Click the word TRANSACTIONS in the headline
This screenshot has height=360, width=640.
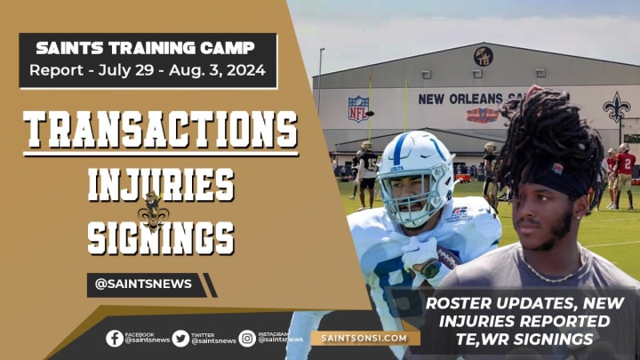[160, 131]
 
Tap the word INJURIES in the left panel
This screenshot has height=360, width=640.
[160, 185]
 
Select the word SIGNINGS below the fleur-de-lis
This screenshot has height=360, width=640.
[160, 237]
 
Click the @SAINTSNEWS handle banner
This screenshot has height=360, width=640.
[147, 284]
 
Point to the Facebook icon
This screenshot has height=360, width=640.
[115, 338]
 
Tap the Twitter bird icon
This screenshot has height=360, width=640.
[180, 338]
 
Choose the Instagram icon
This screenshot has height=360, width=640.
[247, 338]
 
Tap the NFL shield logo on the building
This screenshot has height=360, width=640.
[358, 108]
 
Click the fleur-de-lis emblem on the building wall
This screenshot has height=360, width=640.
[615, 107]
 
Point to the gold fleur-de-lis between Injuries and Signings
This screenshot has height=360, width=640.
[152, 211]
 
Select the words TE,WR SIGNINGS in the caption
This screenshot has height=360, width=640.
[532, 339]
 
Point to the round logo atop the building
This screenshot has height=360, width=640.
[484, 56]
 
